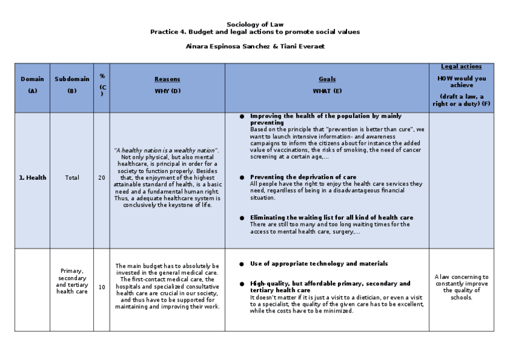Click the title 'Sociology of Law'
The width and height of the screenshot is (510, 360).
tap(254, 24)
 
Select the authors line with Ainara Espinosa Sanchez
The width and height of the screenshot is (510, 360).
tap(254, 46)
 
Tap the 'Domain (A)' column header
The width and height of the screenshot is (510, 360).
tap(32, 84)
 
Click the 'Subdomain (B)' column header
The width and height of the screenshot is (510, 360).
tap(72, 84)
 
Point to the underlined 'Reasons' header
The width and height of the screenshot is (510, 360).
tap(167, 79)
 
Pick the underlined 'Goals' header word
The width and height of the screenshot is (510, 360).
tap(327, 79)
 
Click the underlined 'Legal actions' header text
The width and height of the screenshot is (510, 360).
tap(461, 67)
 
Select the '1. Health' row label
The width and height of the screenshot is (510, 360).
tap(32, 178)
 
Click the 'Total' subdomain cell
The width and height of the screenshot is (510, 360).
tap(72, 178)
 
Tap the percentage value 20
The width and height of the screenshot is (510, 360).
tap(102, 178)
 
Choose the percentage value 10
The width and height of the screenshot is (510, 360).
tap(102, 287)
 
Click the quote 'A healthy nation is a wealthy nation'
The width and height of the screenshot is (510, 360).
tap(167, 150)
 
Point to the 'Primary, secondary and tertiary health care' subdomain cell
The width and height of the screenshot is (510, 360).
tap(72, 281)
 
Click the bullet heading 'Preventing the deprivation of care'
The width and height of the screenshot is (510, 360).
tap(303, 177)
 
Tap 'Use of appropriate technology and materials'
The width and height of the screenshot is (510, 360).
tap(319, 264)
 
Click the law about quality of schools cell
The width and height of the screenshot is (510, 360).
tap(461, 287)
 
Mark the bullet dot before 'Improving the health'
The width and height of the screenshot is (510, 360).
tap(242, 116)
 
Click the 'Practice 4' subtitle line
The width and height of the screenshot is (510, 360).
tap(254, 32)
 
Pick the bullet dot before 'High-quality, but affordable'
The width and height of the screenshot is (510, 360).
tap(242, 284)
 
